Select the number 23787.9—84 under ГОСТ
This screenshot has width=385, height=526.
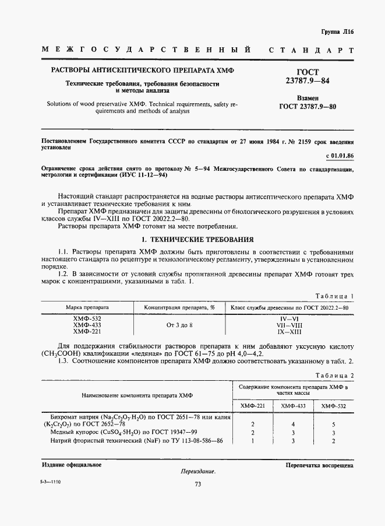pos(308,80)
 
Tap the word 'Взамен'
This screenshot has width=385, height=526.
pos(308,99)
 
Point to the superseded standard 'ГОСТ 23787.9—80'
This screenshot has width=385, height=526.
pos(308,107)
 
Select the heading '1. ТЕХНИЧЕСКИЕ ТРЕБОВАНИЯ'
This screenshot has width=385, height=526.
pos(197,240)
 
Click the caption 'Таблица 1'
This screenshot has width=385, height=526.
pos(334,296)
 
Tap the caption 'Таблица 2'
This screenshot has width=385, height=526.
pos(334,376)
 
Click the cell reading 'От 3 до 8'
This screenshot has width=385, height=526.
pos(179,324)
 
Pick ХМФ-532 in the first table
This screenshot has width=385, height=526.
pos(87,318)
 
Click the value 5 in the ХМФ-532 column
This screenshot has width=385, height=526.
pos(333,425)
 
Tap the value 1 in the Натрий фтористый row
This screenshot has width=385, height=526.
pos(252,441)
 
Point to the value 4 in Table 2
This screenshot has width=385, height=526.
pos(293,425)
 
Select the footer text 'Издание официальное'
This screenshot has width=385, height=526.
pos(72,464)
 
